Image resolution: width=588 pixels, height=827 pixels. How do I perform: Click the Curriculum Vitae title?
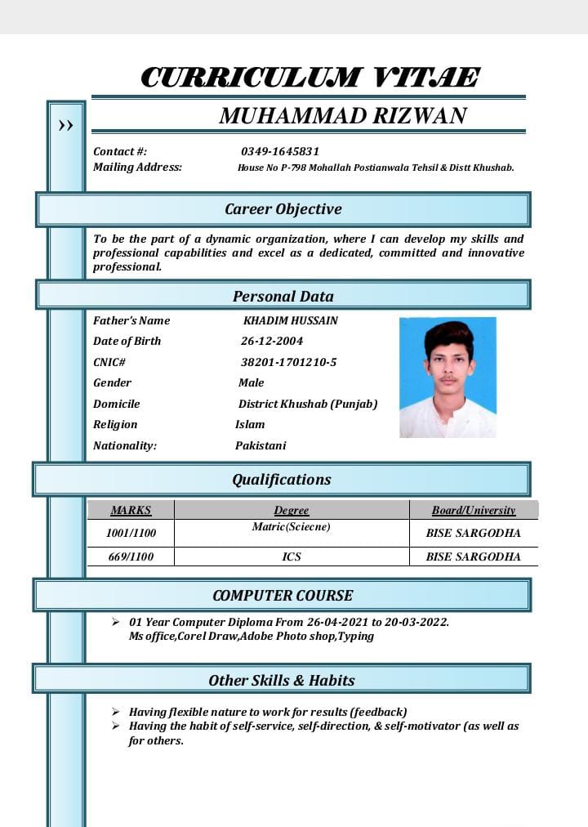tap(309, 78)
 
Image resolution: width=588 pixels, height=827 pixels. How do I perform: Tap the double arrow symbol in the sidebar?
tap(65, 126)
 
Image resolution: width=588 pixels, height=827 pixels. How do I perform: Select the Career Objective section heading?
tap(283, 209)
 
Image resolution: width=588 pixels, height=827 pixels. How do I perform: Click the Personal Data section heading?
tap(283, 296)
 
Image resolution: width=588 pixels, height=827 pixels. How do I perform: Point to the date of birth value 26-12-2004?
tap(271, 341)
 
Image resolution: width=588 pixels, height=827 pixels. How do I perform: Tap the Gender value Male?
tap(251, 382)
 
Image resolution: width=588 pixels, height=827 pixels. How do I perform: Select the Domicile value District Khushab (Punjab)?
tap(307, 404)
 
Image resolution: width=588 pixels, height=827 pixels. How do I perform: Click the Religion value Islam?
tap(250, 424)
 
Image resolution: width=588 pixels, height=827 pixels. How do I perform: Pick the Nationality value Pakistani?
tap(261, 445)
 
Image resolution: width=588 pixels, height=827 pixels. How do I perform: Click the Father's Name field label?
tap(131, 320)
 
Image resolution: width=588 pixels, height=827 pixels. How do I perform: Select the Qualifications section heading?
tap(282, 480)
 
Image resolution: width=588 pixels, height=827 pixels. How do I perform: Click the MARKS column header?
tap(131, 510)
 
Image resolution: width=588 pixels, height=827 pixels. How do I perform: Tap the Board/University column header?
tap(473, 510)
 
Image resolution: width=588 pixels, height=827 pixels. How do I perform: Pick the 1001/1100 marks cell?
tap(131, 533)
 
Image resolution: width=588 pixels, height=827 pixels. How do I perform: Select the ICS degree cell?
tap(292, 557)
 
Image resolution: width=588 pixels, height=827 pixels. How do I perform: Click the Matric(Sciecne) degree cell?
tap(292, 527)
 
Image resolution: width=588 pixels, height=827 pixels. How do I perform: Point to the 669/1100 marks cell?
tap(131, 557)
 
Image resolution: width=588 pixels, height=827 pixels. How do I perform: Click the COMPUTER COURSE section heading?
tap(283, 596)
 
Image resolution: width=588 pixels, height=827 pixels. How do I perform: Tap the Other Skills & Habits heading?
tap(282, 680)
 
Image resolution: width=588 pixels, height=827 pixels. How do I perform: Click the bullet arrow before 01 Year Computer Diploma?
tap(116, 622)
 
